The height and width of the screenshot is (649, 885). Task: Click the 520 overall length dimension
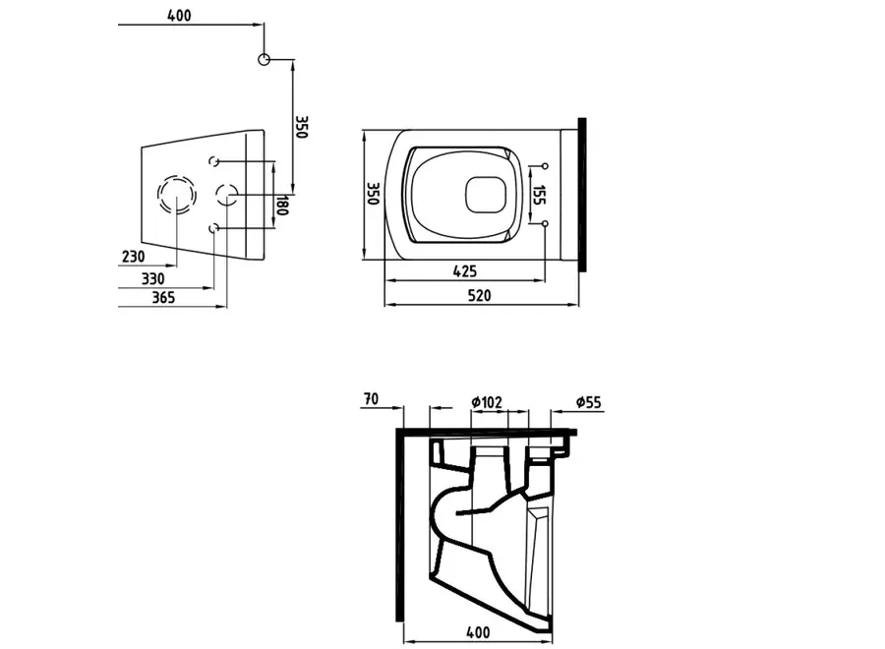pyautogui.click(x=479, y=295)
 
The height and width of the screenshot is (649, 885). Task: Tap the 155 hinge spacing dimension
pyautogui.click(x=538, y=194)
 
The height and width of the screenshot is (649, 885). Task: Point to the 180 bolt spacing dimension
pyautogui.click(x=281, y=206)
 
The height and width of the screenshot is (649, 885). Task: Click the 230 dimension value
pyautogui.click(x=134, y=258)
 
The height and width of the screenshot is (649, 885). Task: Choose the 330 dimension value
pyautogui.click(x=152, y=278)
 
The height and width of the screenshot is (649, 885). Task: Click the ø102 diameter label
pyautogui.click(x=487, y=401)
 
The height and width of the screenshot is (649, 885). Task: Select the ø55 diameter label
pyautogui.click(x=588, y=401)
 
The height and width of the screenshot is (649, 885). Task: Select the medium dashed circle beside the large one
pyautogui.click(x=227, y=195)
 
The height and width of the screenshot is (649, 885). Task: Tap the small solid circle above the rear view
pyautogui.click(x=264, y=60)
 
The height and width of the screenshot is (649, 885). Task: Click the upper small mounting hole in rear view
pyautogui.click(x=215, y=161)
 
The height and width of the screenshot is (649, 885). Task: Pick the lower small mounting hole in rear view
pyautogui.click(x=215, y=228)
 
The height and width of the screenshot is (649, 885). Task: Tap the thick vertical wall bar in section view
pyautogui.click(x=400, y=526)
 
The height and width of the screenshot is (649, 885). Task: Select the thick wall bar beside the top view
pyautogui.click(x=584, y=194)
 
